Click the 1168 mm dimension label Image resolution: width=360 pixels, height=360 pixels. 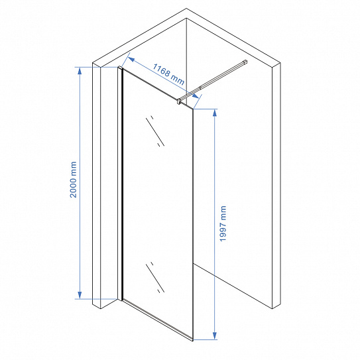(x=168, y=74)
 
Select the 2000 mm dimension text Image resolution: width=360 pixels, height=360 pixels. (x=74, y=180)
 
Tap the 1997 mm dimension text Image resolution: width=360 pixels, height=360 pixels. (x=223, y=223)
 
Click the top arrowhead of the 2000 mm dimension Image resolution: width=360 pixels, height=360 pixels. (x=80, y=71)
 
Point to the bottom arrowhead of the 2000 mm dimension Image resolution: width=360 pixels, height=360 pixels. (x=80, y=295)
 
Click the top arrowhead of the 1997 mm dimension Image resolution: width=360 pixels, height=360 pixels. (x=215, y=113)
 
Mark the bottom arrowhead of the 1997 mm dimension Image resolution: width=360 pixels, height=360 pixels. (x=215, y=335)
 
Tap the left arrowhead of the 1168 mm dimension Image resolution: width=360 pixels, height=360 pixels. (x=131, y=59)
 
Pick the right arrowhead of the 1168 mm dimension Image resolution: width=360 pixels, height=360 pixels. (x=196, y=96)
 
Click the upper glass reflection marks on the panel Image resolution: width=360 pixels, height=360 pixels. (x=155, y=131)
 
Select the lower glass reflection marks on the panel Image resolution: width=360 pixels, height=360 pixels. (x=155, y=277)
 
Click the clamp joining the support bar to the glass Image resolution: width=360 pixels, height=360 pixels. (x=178, y=101)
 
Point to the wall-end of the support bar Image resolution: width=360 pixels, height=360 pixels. (x=245, y=62)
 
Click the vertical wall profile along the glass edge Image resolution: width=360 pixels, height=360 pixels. (x=120, y=184)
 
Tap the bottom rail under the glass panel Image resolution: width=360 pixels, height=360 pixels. (x=158, y=320)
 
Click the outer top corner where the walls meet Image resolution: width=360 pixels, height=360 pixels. (x=186, y=9)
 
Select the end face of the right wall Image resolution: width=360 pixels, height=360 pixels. (x=276, y=186)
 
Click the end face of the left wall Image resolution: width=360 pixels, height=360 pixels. (x=97, y=186)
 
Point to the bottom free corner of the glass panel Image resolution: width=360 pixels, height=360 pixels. (x=193, y=340)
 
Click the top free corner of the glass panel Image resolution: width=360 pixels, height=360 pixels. (x=193, y=109)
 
